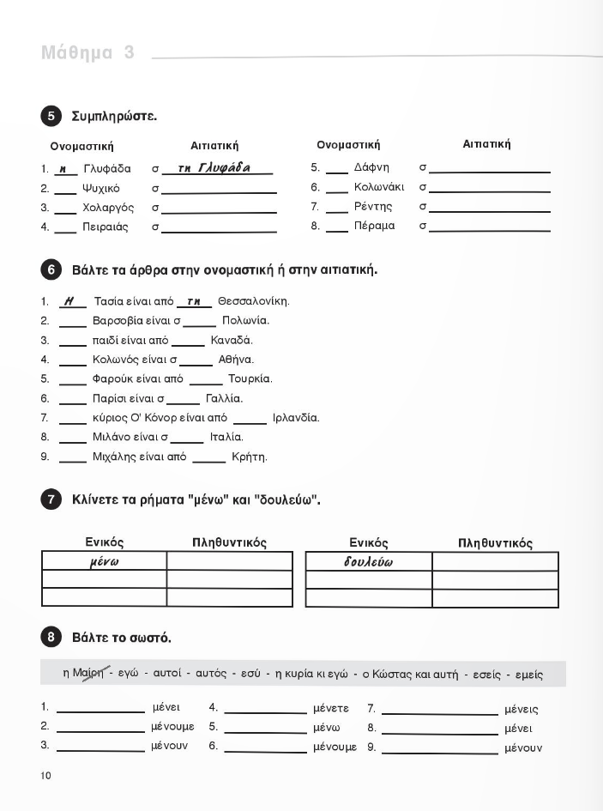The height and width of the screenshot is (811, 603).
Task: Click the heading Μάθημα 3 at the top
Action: [87, 53]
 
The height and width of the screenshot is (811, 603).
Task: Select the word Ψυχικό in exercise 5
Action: [100, 188]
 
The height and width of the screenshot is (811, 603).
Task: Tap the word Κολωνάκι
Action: [378, 187]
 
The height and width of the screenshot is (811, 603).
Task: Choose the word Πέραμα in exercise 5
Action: [374, 226]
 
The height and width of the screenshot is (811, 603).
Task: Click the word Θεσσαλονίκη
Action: [254, 301]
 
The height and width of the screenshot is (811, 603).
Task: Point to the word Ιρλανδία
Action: [295, 418]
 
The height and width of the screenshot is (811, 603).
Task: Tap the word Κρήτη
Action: [250, 457]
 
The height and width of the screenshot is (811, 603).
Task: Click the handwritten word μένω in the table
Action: [104, 562]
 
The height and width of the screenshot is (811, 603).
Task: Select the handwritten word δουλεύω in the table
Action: [368, 562]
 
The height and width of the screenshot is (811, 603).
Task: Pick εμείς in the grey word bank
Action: [524, 675]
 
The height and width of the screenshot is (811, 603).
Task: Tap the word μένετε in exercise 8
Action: [331, 709]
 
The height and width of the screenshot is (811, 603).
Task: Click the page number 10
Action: [45, 776]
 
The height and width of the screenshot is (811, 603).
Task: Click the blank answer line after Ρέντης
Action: [490, 211]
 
